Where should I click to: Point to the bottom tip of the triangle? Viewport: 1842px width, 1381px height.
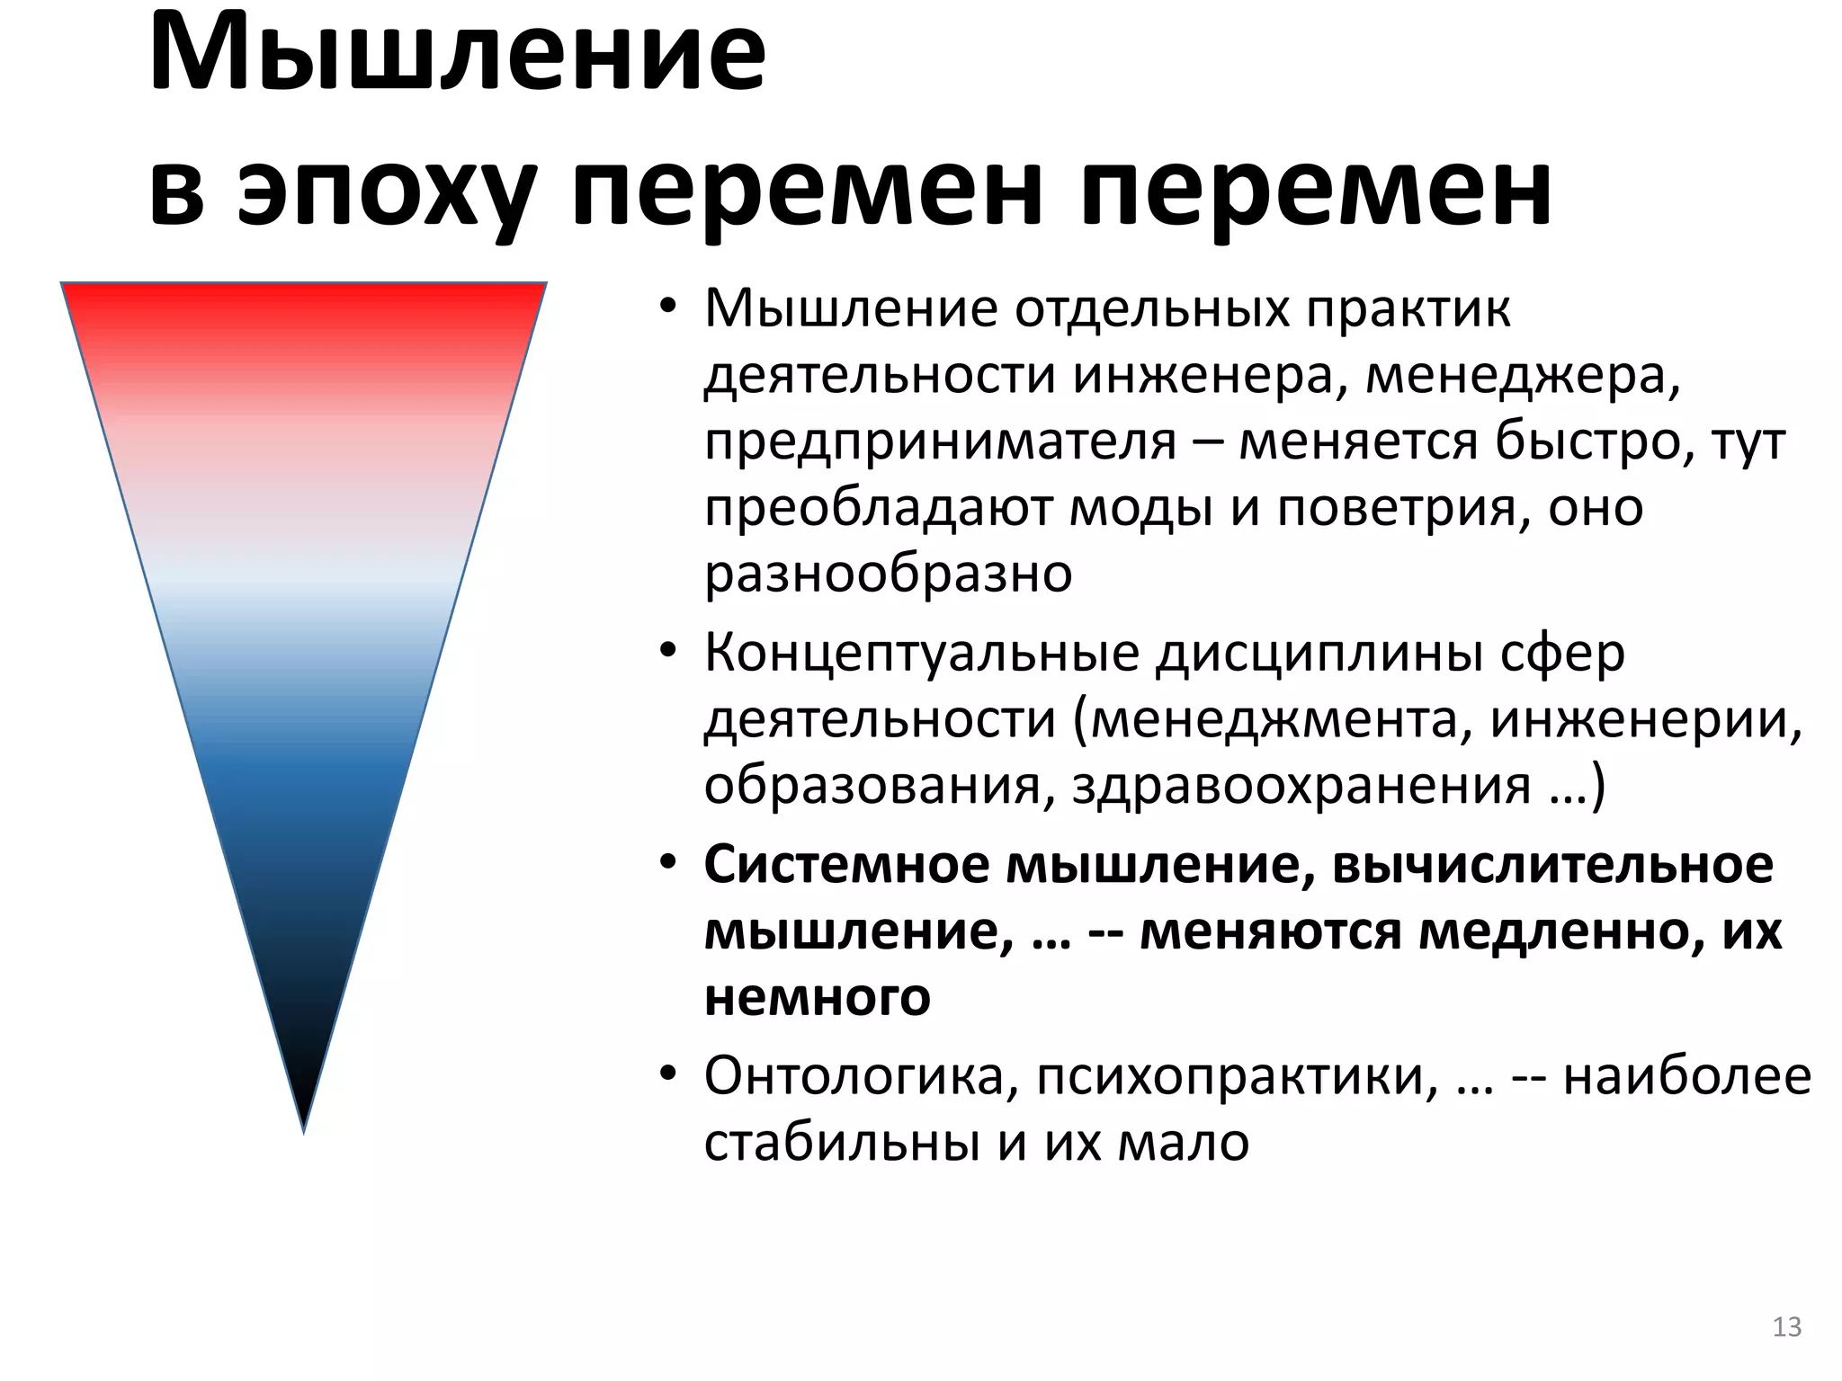[304, 1130]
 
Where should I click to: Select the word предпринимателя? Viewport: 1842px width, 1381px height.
[939, 442]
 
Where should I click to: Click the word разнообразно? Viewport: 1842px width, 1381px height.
[888, 574]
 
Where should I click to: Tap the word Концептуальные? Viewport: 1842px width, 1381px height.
[921, 653]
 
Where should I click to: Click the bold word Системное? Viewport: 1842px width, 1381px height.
[845, 865]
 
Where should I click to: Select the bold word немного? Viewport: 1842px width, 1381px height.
[817, 996]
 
